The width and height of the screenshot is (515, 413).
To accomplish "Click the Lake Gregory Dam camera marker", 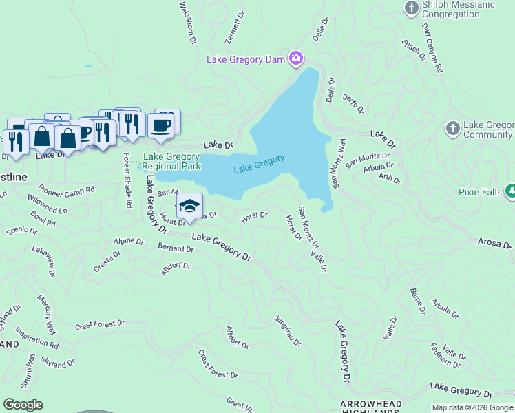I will [x=296, y=59].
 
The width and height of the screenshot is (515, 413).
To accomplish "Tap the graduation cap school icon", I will [x=189, y=205].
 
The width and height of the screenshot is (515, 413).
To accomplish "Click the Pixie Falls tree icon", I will [x=511, y=190].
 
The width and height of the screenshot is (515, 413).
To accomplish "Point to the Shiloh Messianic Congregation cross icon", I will [x=411, y=8].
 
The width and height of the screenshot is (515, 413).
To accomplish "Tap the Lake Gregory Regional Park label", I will [x=172, y=161].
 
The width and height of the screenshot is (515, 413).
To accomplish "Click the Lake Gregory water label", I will [x=259, y=165].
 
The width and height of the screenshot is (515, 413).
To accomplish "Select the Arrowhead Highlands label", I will [x=370, y=404].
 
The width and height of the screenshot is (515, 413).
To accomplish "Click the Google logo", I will [x=23, y=405].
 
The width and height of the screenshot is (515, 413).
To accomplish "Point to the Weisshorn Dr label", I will [x=187, y=23].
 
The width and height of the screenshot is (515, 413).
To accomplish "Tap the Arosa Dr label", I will [x=495, y=243].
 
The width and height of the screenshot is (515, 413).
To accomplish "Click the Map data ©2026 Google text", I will [x=472, y=407].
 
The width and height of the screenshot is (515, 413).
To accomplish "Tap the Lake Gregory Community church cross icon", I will [x=452, y=128].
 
